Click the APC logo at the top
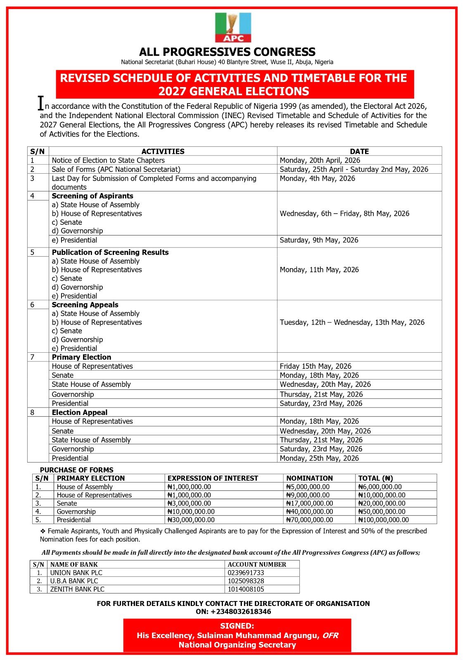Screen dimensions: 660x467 233,27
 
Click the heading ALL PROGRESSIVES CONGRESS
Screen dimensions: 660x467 227,52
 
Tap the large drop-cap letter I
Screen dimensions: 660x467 40,103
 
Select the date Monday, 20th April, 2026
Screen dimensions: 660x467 320,160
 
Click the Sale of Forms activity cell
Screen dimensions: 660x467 116,170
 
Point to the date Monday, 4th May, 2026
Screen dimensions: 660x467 317,179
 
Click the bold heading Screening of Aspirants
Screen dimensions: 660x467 92,196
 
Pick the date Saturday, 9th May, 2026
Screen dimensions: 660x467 319,240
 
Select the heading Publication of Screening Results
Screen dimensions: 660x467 110,252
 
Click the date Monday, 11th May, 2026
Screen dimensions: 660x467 319,270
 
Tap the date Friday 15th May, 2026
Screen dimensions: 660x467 315,366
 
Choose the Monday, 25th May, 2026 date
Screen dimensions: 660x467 319,458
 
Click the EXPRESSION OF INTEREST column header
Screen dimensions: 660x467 213,478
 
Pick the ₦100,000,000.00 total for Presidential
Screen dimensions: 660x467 383,520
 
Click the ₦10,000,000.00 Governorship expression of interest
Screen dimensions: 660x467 191,512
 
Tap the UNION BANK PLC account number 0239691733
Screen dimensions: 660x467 246,573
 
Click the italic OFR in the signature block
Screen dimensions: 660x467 330,636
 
